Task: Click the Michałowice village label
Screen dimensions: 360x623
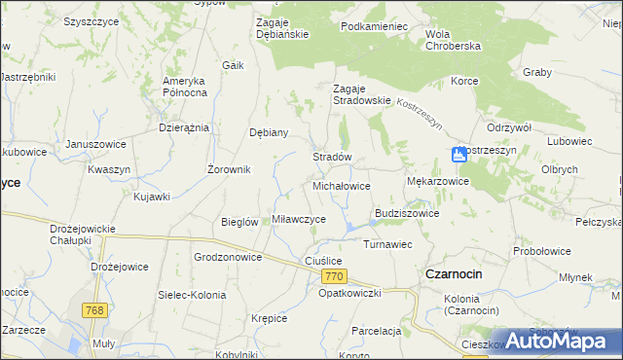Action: (341, 185)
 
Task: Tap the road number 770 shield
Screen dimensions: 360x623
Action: (333, 277)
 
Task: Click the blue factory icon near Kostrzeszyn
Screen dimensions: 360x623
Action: (458, 154)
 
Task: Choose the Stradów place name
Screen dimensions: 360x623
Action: (331, 157)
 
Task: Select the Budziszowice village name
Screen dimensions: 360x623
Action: (407, 213)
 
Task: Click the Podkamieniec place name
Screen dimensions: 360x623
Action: (374, 26)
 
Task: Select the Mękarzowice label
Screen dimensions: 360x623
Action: (437, 181)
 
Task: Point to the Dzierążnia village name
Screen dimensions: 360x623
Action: (184, 127)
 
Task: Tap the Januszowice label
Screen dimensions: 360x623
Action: (96, 144)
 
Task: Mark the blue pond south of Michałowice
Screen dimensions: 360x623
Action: (348, 228)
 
